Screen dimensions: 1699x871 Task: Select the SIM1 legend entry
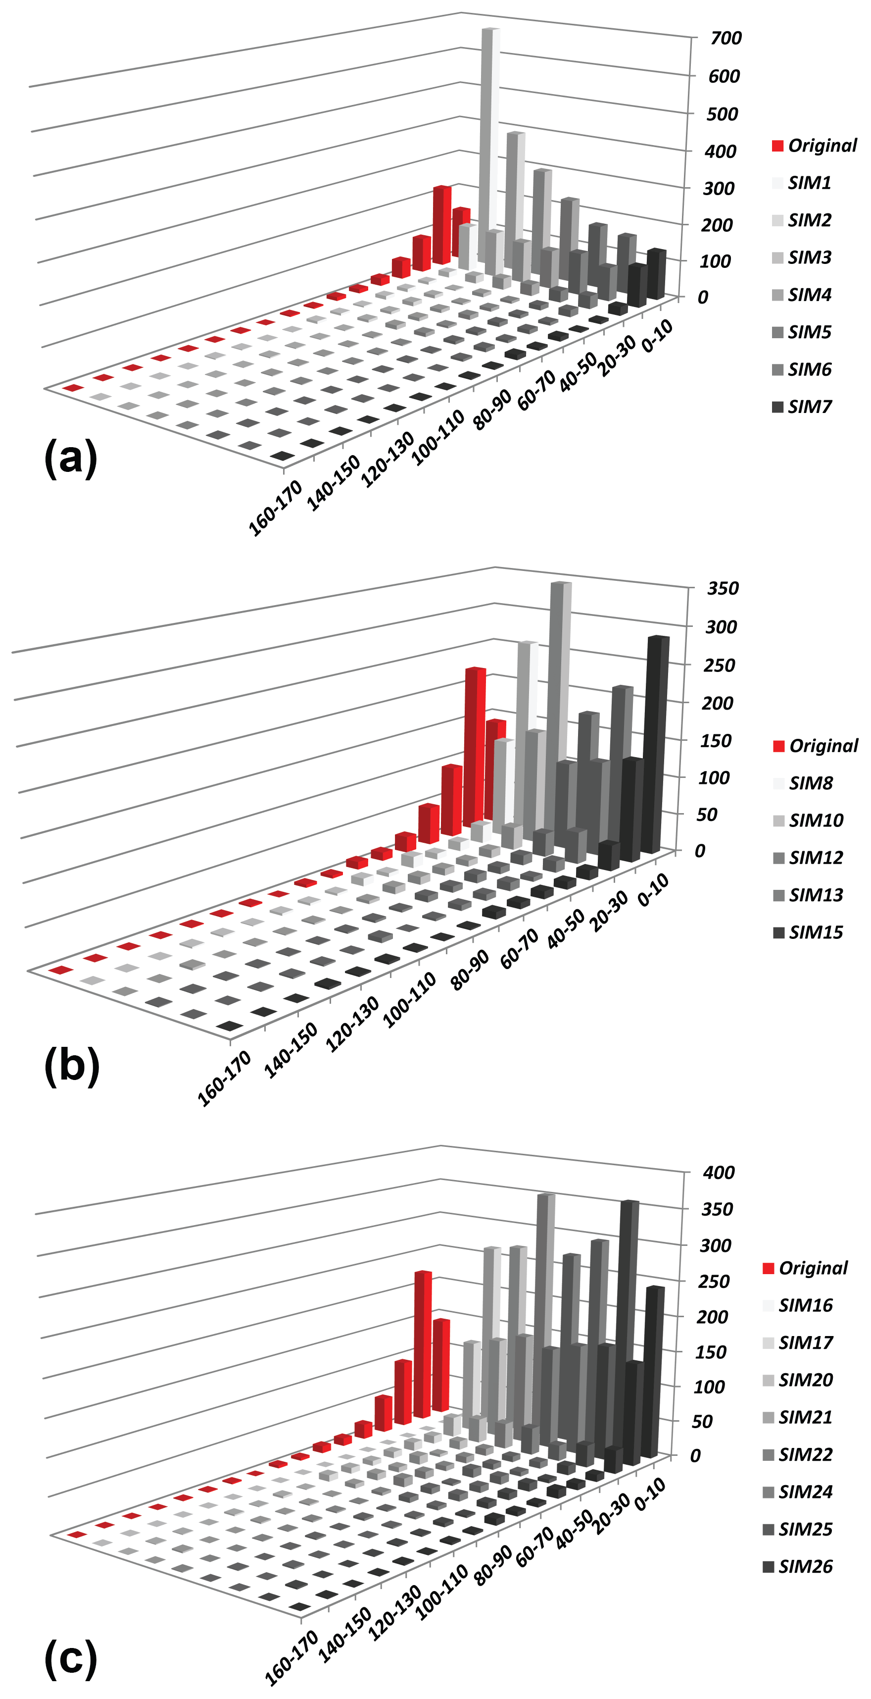809,183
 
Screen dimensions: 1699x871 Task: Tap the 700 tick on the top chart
726,38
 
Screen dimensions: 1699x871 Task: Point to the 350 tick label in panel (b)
722,588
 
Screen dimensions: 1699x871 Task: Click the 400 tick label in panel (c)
719,1172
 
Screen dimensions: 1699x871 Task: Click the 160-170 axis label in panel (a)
275,508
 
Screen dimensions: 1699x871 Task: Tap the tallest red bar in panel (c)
422,1345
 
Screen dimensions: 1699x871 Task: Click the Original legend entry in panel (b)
816,746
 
